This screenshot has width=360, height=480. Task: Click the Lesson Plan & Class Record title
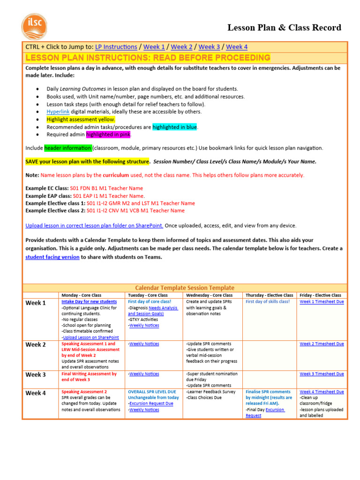(x=284, y=28)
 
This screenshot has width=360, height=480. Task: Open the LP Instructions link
(x=116, y=47)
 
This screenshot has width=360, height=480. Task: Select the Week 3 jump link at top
(x=209, y=47)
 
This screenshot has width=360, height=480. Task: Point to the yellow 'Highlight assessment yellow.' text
(x=81, y=120)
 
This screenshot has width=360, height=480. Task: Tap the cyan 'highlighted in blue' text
(x=175, y=127)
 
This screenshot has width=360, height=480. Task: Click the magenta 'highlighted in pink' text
(x=108, y=135)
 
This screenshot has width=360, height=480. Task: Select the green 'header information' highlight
(x=67, y=148)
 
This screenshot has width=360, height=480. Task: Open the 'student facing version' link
(x=52, y=257)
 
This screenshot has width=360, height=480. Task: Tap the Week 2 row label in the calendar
(x=36, y=345)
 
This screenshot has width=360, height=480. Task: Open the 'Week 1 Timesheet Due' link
(x=322, y=302)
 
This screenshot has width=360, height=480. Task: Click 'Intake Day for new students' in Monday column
(x=89, y=302)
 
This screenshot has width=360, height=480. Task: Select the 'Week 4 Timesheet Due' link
(x=322, y=392)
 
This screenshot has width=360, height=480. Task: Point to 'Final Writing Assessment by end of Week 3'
(x=89, y=377)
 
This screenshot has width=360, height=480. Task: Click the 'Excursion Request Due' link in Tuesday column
(x=151, y=404)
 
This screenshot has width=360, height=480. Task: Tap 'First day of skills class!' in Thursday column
(x=268, y=302)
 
